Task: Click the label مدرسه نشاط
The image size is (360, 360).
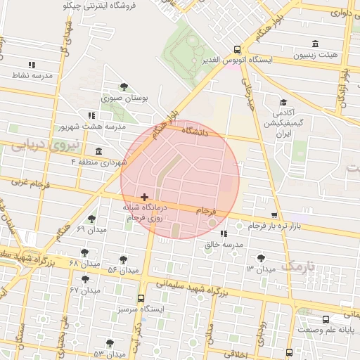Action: (32, 75)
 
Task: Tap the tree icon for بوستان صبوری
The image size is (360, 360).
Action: (124, 86)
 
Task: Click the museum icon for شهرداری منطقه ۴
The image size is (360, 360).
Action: (98, 152)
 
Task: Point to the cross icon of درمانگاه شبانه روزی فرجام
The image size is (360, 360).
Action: (144, 198)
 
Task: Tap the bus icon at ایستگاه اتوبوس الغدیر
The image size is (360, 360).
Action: (238, 50)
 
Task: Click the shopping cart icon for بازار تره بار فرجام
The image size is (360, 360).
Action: (274, 216)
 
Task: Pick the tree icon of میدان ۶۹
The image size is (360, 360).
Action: (92, 219)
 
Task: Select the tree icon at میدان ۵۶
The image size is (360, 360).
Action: (124, 259)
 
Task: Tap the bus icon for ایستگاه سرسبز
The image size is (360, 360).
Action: (141, 298)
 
